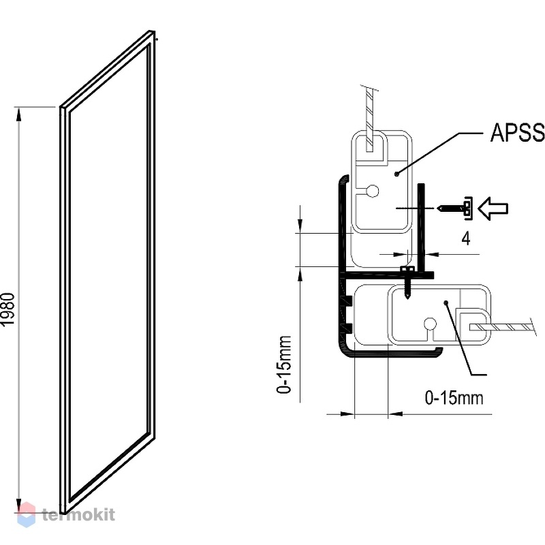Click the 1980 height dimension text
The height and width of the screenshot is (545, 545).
(x=7, y=309)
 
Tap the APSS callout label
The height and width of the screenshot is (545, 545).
(x=517, y=132)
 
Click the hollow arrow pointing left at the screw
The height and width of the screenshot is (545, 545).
(x=493, y=208)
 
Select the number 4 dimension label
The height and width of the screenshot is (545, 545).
(x=466, y=238)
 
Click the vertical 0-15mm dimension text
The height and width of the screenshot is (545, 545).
(x=283, y=364)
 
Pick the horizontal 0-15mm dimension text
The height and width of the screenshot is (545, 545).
(x=454, y=398)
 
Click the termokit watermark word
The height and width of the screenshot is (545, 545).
(x=78, y=515)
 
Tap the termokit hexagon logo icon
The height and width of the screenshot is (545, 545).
(x=27, y=515)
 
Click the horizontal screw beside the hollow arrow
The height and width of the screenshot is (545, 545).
(x=454, y=208)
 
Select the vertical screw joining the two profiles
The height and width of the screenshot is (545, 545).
(x=407, y=282)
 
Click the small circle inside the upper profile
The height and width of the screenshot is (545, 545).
(x=373, y=191)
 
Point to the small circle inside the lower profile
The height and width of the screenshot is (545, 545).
(x=430, y=324)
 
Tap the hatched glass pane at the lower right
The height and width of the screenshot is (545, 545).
(x=501, y=328)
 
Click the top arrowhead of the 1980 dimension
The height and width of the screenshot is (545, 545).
(x=19, y=114)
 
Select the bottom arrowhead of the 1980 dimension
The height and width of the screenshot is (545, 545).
(x=19, y=505)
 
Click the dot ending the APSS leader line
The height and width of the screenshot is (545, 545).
(x=396, y=174)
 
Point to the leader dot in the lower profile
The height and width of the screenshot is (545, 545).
(x=446, y=303)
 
